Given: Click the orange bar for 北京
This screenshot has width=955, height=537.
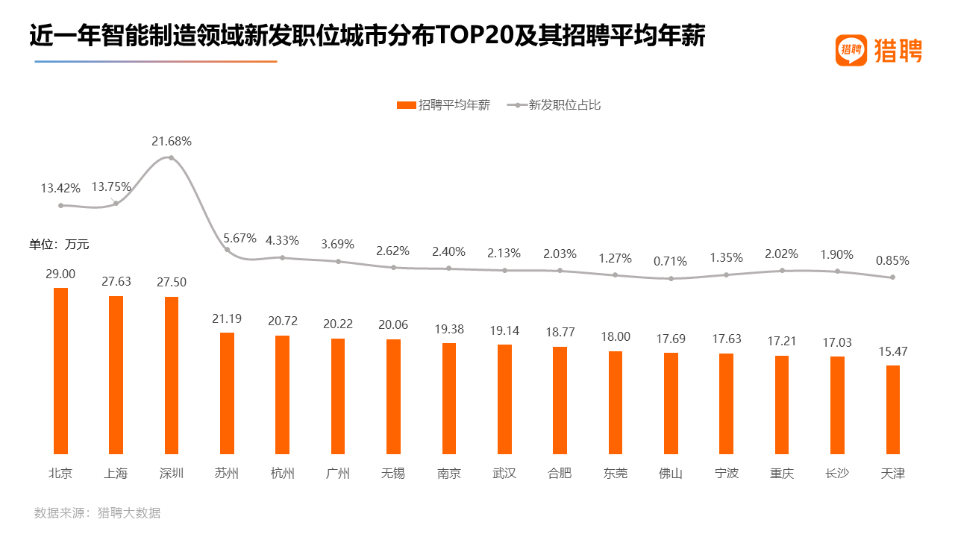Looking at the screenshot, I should coord(60,371).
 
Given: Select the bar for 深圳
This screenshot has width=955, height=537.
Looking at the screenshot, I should coord(172,375).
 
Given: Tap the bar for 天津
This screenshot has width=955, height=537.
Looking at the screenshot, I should coord(892,409).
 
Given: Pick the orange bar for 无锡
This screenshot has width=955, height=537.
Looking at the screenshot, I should coord(393,396).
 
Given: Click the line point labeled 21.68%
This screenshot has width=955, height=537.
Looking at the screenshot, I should coord(172,157).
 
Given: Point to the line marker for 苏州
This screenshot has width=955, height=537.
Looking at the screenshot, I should coord(227,250).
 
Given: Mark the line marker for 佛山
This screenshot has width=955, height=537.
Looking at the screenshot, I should coord(671,279).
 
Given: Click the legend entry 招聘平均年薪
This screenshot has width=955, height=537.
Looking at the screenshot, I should coord(444,105).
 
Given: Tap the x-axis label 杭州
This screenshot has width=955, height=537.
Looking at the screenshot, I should coord(282,474).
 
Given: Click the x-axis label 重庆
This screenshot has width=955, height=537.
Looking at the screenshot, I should coord(781,474).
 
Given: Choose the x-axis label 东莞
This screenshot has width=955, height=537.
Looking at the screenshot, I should coord(615,474).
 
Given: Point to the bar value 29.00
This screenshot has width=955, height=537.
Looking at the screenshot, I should coord(60,274).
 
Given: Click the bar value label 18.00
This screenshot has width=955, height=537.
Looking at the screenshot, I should coord(615,337).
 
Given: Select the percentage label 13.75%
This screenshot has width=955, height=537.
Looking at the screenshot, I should coord(111,186).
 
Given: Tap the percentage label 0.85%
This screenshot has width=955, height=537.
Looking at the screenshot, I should coord(892,261).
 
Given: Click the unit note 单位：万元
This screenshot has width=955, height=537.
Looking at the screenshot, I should coord(59,244).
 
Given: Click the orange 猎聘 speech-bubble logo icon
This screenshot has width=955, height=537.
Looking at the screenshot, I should coord(851,50).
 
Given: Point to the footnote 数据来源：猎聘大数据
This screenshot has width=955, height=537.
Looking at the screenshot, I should coord(97,513).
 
